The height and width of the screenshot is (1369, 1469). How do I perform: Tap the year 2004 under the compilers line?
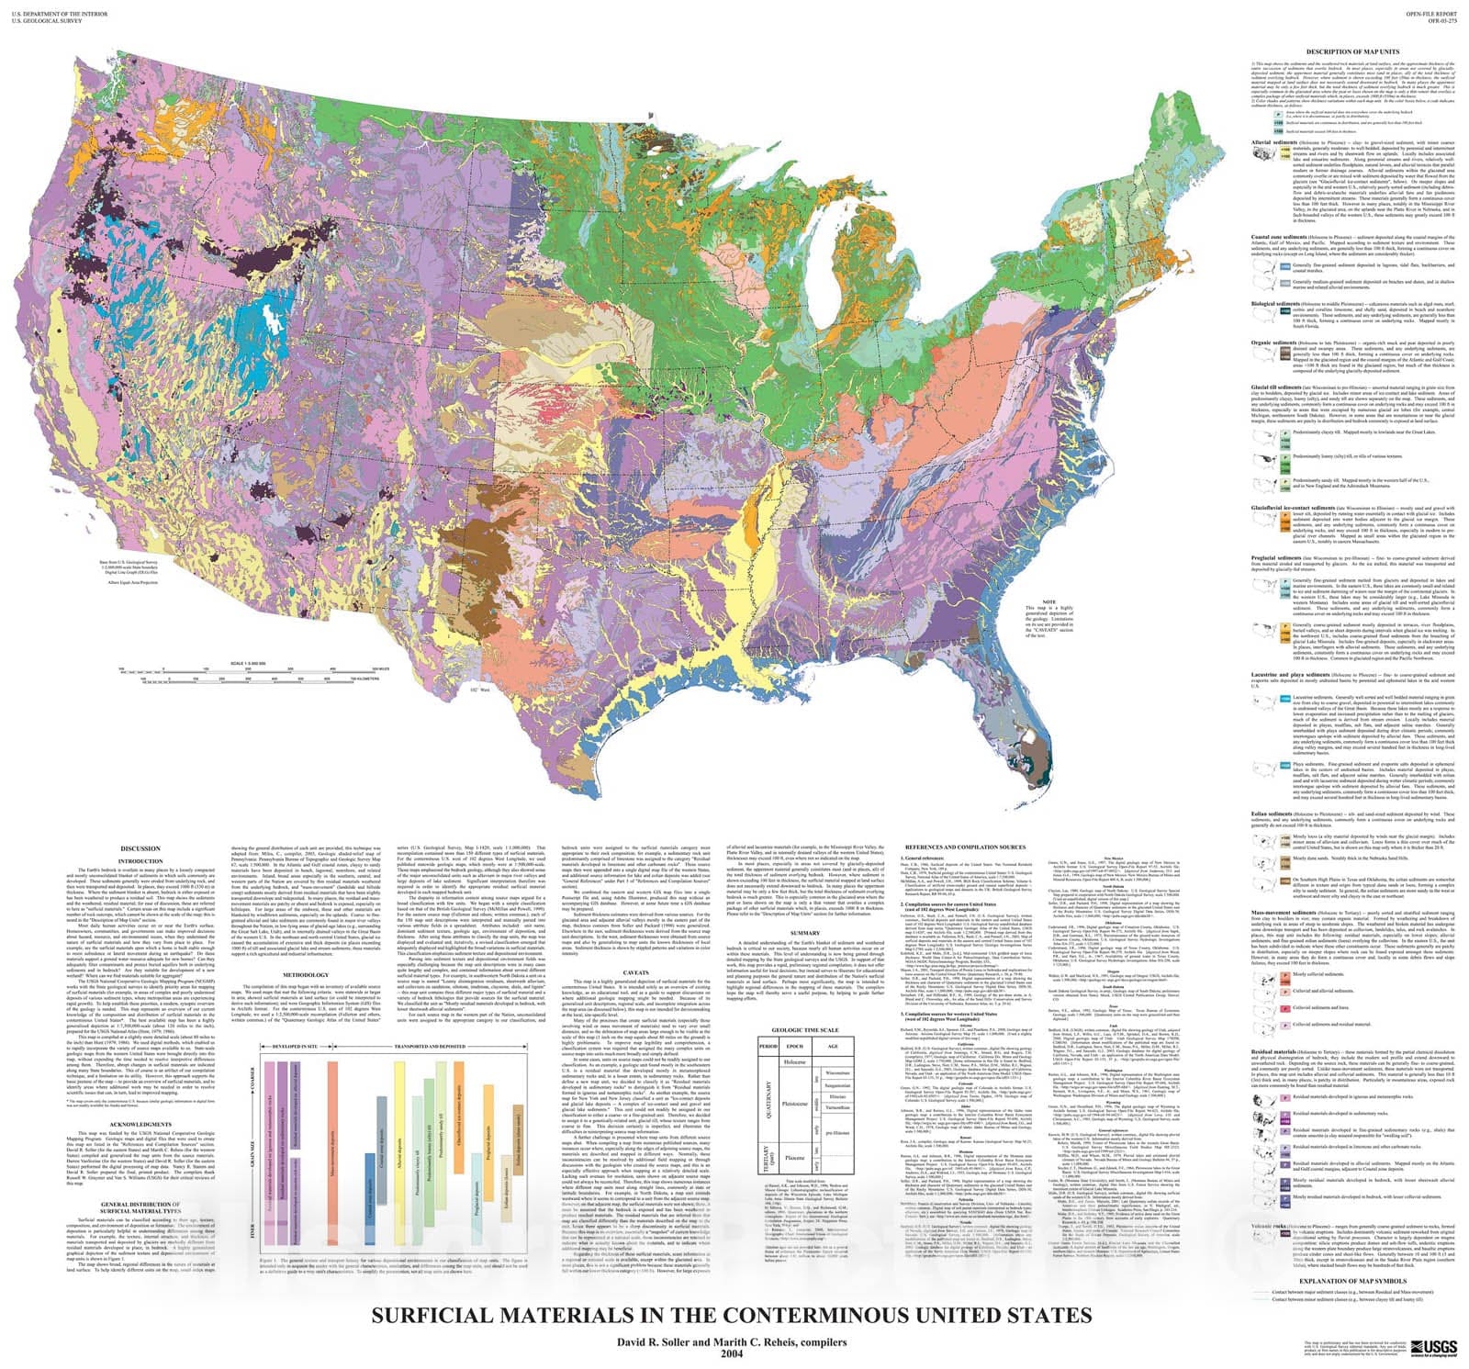[732, 1353]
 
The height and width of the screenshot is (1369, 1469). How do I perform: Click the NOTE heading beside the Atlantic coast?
[1036, 601]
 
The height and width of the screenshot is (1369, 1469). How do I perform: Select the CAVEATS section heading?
[635, 971]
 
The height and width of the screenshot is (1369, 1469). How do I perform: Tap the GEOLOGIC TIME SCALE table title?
[806, 1031]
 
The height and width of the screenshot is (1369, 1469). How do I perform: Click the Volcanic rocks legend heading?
[1267, 1227]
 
